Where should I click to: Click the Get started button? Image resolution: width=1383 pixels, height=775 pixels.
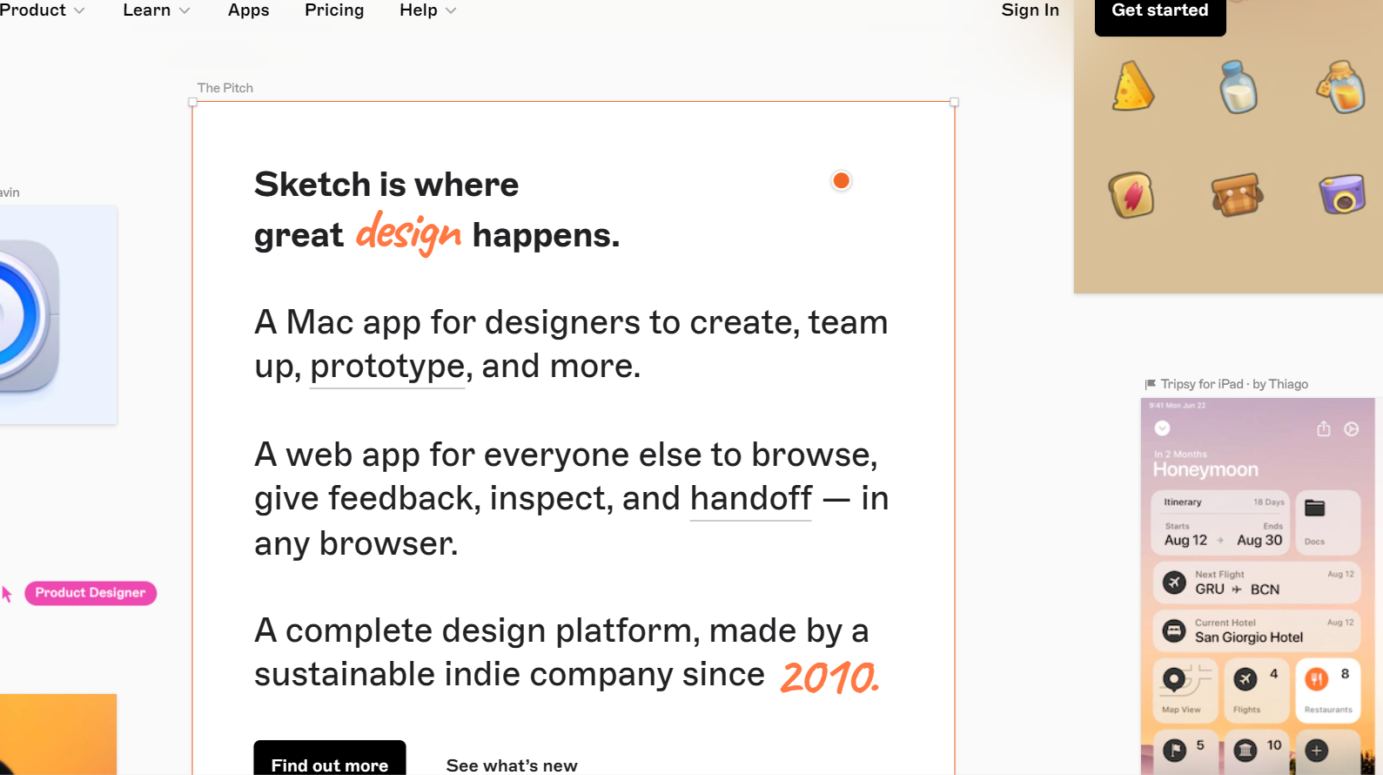pyautogui.click(x=1159, y=11)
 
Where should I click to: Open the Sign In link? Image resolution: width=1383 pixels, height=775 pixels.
pyautogui.click(x=1030, y=10)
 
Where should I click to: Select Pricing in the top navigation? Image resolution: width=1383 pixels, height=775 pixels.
pyautogui.click(x=334, y=10)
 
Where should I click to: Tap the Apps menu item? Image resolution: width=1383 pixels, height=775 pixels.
pyautogui.click(x=248, y=10)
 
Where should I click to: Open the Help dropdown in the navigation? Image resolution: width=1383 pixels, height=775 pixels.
pyautogui.click(x=427, y=10)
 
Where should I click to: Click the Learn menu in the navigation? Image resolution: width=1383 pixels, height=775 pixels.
pyautogui.click(x=156, y=10)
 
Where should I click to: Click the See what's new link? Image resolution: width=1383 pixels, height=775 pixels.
pyautogui.click(x=512, y=765)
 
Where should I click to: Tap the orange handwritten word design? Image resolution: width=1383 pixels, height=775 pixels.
pyautogui.click(x=408, y=232)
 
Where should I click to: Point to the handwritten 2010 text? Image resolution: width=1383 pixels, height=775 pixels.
pyautogui.click(x=829, y=677)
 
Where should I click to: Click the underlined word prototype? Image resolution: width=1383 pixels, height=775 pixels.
pyautogui.click(x=387, y=367)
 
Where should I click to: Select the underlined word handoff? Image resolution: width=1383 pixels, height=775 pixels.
pyautogui.click(x=750, y=499)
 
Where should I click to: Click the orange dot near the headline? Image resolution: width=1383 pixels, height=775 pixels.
pyautogui.click(x=841, y=180)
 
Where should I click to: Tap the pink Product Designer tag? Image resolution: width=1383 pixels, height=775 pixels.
pyautogui.click(x=91, y=593)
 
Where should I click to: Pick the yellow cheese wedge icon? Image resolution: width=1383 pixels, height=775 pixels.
pyautogui.click(x=1132, y=87)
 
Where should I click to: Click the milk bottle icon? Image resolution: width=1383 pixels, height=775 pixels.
pyautogui.click(x=1238, y=87)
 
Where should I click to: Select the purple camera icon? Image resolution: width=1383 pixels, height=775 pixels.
pyautogui.click(x=1341, y=194)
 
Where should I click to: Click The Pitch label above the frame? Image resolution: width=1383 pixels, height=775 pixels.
pyautogui.click(x=225, y=88)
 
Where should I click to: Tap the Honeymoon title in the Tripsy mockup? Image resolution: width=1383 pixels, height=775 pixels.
pyautogui.click(x=1205, y=469)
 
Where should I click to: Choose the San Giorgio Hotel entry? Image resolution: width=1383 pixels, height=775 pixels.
pyautogui.click(x=1248, y=637)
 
